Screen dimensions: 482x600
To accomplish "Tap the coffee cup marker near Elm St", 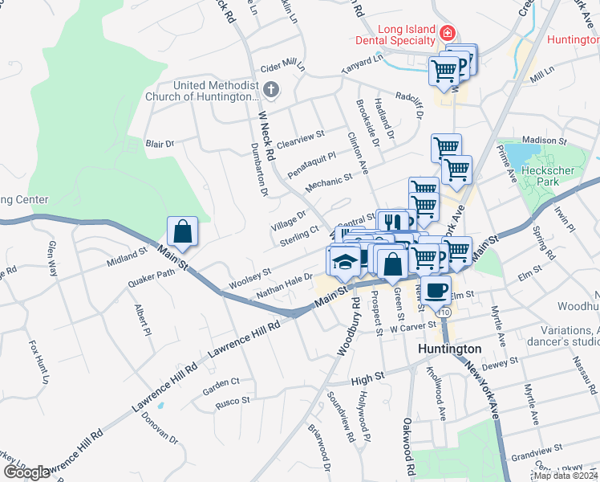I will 437,289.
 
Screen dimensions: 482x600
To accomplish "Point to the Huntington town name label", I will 450,349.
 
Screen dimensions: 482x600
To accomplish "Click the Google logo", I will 26,472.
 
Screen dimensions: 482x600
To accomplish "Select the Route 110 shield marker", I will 445,311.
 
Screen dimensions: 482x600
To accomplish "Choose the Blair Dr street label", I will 159,144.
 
